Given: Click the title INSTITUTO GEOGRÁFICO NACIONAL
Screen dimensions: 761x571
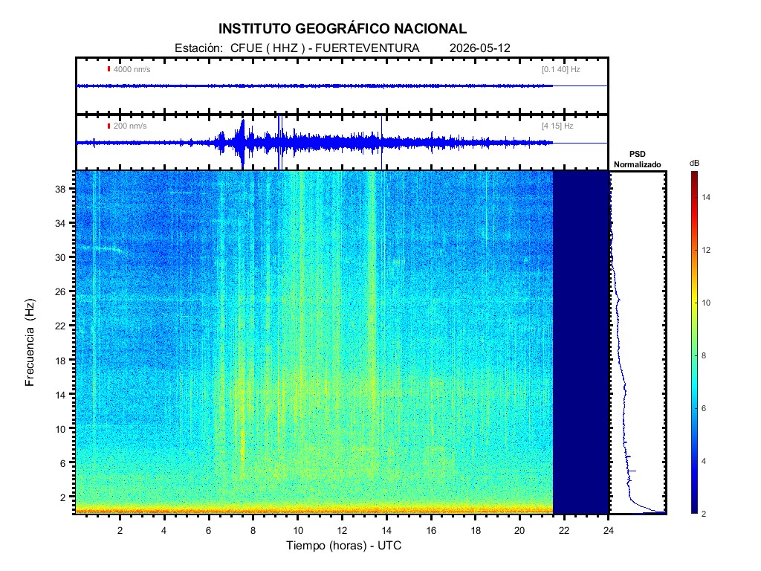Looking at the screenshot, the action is (342, 29).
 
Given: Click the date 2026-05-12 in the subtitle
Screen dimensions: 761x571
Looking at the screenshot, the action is (479, 48).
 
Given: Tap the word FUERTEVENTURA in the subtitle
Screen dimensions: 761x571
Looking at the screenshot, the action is (367, 48).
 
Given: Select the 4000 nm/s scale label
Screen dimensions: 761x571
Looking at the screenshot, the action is (132, 69).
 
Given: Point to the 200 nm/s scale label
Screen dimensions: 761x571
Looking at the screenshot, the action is (129, 126).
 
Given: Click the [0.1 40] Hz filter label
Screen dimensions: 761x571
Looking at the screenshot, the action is (560, 69).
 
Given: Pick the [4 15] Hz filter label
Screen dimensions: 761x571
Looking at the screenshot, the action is (557, 126).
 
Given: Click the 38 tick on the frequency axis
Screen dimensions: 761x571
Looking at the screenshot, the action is (60, 189).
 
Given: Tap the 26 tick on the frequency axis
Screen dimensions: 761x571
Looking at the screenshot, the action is (60, 291).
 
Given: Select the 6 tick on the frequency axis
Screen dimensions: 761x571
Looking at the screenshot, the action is (62, 463).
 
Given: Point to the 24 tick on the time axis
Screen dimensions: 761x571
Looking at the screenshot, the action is (609, 531).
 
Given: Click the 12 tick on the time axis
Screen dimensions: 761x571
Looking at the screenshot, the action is (342, 531).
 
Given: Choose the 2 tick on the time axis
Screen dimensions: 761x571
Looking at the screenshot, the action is (120, 531).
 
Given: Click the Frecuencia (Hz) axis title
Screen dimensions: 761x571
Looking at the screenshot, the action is (30, 343).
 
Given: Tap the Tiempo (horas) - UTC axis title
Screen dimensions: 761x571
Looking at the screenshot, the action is (343, 546).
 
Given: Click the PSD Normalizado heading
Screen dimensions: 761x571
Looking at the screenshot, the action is (637, 159).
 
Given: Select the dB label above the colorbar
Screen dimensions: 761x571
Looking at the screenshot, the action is (695, 164).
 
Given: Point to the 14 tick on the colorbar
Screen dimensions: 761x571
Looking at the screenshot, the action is (706, 197).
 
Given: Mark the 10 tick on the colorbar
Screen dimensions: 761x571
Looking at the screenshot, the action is (706, 303).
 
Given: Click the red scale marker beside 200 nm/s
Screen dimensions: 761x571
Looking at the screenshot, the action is (109, 126).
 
